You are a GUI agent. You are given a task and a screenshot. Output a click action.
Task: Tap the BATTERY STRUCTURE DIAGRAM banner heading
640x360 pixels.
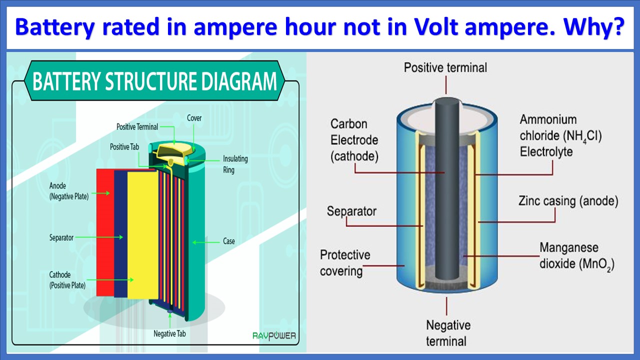[x=154, y=81]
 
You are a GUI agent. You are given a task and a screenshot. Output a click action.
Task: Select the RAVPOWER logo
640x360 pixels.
[x=274, y=336]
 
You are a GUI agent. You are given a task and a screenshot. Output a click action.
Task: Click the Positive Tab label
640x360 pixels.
[x=124, y=147]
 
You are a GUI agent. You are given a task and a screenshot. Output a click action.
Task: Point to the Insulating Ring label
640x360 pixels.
[x=235, y=164]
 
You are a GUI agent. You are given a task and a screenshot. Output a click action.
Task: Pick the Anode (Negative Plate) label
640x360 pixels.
[x=68, y=191]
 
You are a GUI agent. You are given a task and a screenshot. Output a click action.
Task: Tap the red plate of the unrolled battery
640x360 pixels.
[x=105, y=232]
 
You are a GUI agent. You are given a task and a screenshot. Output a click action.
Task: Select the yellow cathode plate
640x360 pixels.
[x=142, y=235]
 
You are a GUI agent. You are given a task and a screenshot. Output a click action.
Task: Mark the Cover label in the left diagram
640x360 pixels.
[x=194, y=118]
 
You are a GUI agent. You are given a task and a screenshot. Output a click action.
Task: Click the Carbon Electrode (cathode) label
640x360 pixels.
[x=354, y=140]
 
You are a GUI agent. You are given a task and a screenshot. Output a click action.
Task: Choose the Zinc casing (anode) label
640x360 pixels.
[x=568, y=201]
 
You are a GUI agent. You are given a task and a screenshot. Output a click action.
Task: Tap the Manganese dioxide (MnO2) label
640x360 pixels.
[x=576, y=255]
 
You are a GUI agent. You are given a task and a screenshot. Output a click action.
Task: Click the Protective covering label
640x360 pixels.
[x=345, y=263]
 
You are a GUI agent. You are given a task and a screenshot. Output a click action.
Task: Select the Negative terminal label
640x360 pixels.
[x=448, y=333]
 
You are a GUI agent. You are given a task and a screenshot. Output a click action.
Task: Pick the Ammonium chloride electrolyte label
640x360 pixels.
[x=560, y=135]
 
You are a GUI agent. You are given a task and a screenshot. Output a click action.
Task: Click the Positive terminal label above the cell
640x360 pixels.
[x=445, y=67]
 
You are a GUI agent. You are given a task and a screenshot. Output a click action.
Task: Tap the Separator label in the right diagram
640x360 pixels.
[x=351, y=211]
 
